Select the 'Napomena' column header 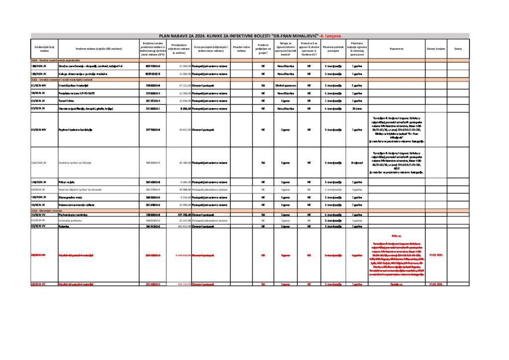point(396,49)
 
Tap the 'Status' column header point(458,49)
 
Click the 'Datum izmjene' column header point(435,49)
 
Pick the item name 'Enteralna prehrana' point(70,220)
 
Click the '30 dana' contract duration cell point(356,108)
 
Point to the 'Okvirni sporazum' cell point(285,85)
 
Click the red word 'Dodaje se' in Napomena point(396,284)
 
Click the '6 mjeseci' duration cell point(356,163)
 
